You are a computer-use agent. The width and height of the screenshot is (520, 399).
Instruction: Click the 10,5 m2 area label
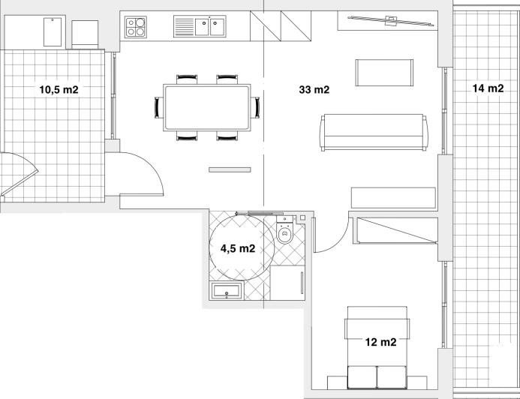(x=59, y=90)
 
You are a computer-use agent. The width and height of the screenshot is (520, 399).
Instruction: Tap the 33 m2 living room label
(x=314, y=90)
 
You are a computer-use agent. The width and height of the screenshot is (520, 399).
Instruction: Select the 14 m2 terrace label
(x=488, y=88)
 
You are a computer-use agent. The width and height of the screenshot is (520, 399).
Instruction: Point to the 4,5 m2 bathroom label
(x=238, y=248)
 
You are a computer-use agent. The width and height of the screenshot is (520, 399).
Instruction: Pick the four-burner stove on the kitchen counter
(x=136, y=27)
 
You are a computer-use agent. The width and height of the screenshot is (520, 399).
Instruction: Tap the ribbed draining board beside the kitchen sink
(x=185, y=27)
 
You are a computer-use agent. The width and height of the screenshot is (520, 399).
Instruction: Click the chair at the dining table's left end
(x=158, y=108)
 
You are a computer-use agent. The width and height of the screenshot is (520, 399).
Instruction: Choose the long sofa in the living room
(x=373, y=131)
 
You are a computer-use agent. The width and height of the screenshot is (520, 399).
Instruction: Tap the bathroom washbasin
(x=226, y=292)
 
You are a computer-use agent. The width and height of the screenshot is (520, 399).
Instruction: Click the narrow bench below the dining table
(x=229, y=170)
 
